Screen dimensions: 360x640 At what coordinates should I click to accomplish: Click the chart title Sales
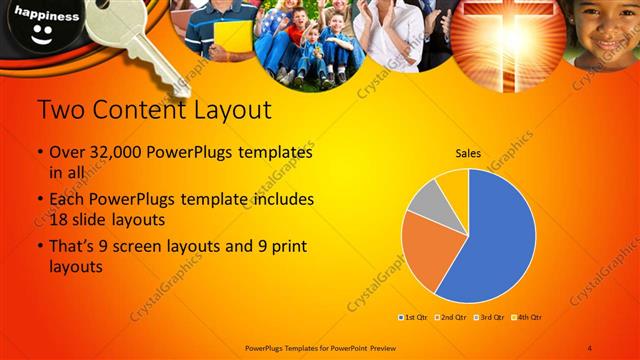click(469, 154)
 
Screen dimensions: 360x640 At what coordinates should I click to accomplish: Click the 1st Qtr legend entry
click(416, 317)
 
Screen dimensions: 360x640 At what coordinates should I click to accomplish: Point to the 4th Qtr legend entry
click(526, 317)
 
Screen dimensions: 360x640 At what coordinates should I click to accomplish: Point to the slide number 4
click(590, 347)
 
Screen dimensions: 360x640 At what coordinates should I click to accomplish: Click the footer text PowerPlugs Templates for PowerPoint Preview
click(315, 347)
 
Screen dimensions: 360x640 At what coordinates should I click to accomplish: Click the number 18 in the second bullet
click(59, 218)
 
